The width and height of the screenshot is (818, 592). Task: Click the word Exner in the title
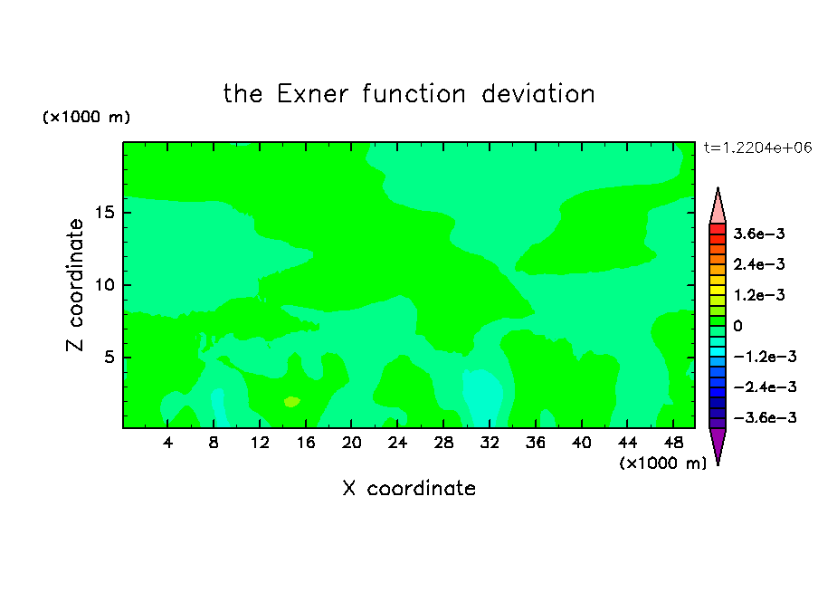click(x=312, y=94)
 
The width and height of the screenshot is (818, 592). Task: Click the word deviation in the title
click(x=537, y=94)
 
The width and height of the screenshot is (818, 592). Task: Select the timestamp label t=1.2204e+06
click(x=758, y=148)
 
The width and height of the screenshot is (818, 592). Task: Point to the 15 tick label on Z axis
click(x=105, y=213)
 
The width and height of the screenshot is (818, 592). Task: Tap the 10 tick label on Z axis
click(x=105, y=284)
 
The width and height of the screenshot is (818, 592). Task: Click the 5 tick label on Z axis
click(x=109, y=357)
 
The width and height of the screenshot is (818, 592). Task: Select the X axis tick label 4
click(x=167, y=443)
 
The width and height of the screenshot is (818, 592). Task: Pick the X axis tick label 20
click(x=351, y=443)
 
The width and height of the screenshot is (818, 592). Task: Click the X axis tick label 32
click(x=490, y=443)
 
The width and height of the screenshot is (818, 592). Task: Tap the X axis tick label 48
click(x=673, y=443)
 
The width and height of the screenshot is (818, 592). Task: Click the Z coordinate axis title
click(x=75, y=285)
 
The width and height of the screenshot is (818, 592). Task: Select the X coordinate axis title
click(x=409, y=488)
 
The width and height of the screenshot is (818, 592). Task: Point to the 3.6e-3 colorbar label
click(x=759, y=234)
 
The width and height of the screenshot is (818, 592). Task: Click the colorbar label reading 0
click(x=737, y=326)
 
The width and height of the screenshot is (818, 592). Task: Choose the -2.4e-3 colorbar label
click(x=765, y=387)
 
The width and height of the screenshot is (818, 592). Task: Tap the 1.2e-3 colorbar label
click(x=759, y=295)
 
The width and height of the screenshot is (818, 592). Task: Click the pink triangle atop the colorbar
click(x=718, y=207)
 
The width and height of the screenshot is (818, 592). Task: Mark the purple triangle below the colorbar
click(x=718, y=444)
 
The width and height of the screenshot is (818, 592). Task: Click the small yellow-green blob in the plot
click(x=291, y=401)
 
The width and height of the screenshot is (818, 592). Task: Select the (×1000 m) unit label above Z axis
click(x=86, y=117)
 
